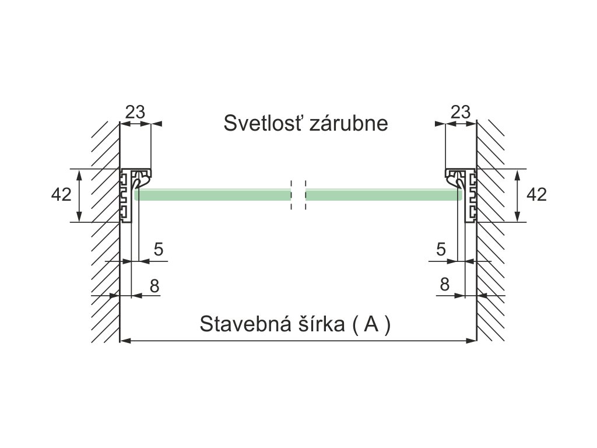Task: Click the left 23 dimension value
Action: [135, 112]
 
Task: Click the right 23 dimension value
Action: [461, 112]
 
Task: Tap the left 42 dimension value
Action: [61, 195]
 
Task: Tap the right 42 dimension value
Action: [536, 195]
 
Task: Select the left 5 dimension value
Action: [158, 250]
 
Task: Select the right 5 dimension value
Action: [441, 250]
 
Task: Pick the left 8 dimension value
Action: [154, 286]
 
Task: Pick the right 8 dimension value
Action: [444, 285]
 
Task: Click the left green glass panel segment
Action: [213, 195]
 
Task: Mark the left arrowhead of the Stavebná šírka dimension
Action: [124, 341]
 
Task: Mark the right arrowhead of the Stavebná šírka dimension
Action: [473, 341]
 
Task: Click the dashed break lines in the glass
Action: [298, 195]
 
